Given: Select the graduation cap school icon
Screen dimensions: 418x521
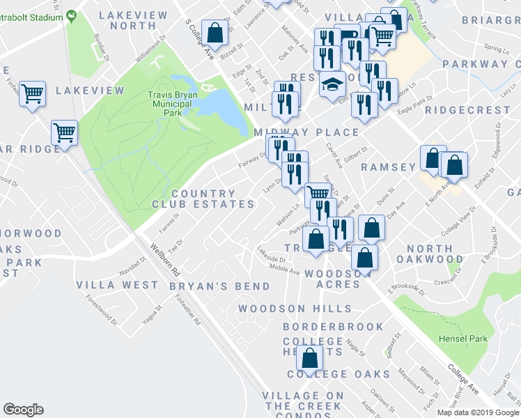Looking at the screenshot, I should tap(332, 85).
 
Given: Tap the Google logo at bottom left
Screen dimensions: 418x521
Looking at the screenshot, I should tap(23, 410).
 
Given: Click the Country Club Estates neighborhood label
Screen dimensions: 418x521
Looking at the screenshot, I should tap(203, 199).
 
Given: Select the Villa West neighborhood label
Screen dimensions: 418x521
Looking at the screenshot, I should tap(118, 285).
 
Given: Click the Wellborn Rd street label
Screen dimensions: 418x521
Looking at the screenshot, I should tap(166, 258).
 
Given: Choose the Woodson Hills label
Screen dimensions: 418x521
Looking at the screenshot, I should tap(295, 309).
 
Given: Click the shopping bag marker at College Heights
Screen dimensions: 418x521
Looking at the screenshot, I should tap(310, 358).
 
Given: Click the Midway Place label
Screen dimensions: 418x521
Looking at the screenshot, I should tap(306, 132).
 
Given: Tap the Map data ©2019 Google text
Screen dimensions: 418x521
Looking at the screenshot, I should tap(477, 412).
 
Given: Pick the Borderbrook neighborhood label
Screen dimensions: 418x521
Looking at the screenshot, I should tap(333, 327).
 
